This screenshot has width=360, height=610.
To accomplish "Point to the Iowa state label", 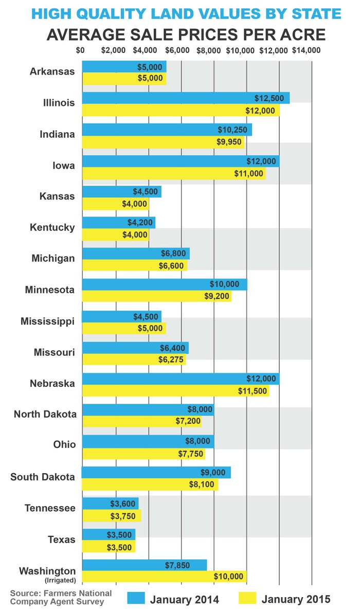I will [x=64, y=166].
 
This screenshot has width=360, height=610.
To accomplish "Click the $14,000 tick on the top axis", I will [x=306, y=50].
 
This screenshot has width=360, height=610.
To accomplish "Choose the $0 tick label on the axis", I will [x=80, y=50].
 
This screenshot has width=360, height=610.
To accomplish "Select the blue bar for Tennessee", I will [x=110, y=503].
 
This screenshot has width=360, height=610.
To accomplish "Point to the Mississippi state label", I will [x=48, y=321].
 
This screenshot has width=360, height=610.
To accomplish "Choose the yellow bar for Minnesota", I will [x=156, y=296].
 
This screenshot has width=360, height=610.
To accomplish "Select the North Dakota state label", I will [x=45, y=414].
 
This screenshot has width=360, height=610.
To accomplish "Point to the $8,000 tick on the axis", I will [x=209, y=50].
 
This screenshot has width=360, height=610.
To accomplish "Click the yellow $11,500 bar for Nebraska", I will [x=175, y=391].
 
